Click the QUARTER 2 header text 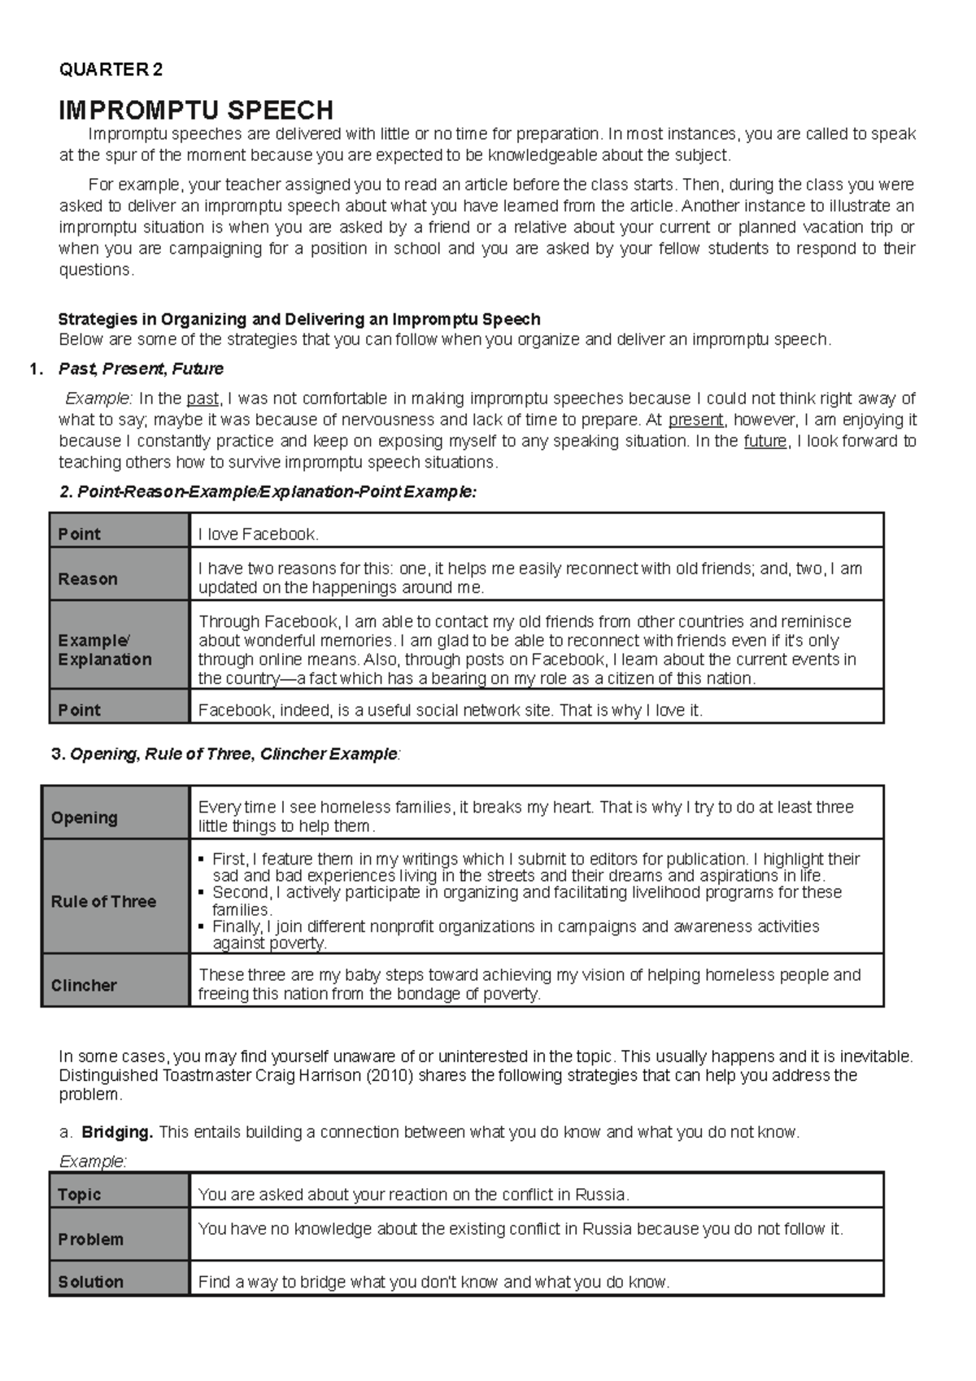[x=111, y=70]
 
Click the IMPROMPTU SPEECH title [x=196, y=110]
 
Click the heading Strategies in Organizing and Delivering [x=299, y=319]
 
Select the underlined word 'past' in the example [x=203, y=399]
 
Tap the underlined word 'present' [x=695, y=420]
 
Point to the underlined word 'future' [x=765, y=442]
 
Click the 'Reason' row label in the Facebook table [x=88, y=579]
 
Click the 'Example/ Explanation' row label [x=104, y=650]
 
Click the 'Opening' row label [x=84, y=817]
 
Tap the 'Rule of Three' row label [x=103, y=901]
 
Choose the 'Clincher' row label [x=84, y=985]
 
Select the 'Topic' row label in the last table [x=80, y=1195]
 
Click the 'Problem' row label [x=90, y=1239]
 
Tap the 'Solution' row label [x=90, y=1282]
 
